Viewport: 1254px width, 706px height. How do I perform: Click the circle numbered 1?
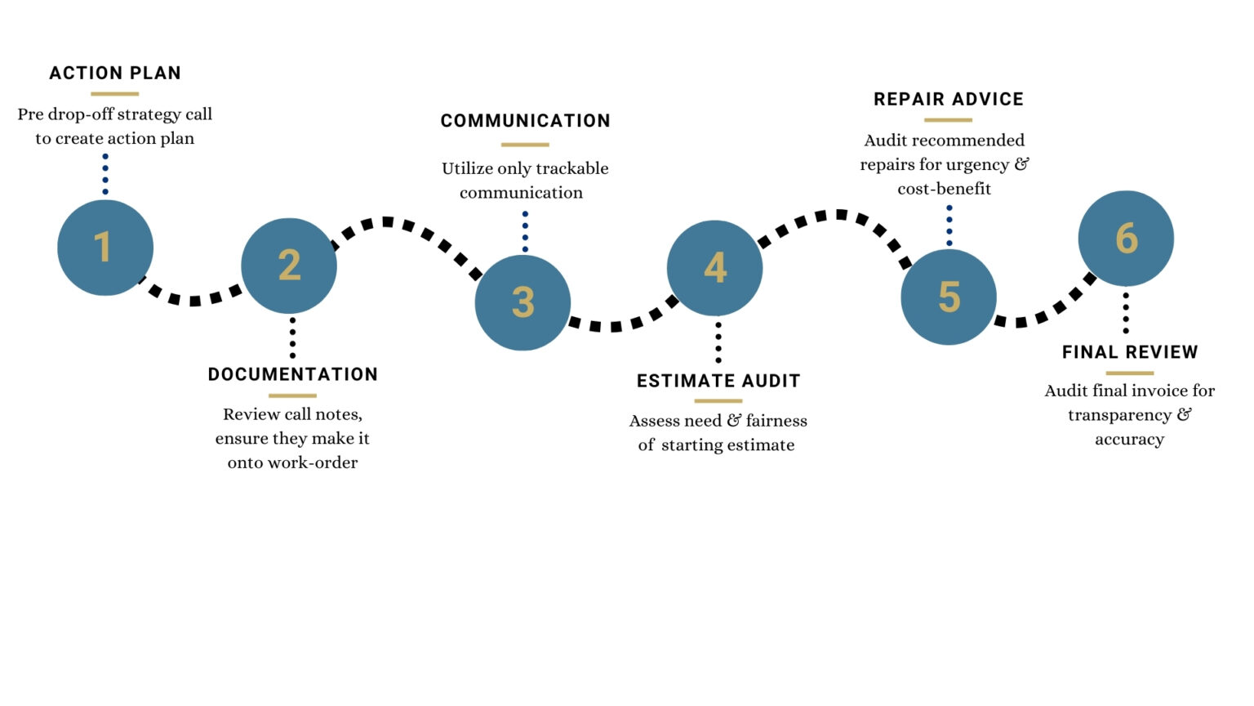tap(105, 248)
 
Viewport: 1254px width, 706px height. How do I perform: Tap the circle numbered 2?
tap(289, 266)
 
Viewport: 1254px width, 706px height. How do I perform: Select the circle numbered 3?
tap(522, 302)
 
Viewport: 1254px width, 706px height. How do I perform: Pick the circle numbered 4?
tap(715, 268)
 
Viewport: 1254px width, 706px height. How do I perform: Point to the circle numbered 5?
tap(949, 297)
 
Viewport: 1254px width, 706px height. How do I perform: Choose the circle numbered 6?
tap(1126, 239)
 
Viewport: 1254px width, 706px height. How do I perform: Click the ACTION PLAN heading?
tap(115, 74)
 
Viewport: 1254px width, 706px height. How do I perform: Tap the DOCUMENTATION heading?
tap(293, 374)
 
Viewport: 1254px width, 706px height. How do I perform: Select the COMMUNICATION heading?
tap(525, 121)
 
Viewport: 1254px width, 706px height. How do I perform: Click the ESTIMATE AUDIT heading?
tap(718, 381)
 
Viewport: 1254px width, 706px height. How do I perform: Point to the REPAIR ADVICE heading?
tap(949, 100)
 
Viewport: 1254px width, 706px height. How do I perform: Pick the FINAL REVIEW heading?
tap(1130, 352)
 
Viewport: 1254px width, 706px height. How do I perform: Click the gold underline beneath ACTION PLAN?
tap(115, 94)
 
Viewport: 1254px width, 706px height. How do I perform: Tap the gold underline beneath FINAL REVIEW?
tap(1130, 373)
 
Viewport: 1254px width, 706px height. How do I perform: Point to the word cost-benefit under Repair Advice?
tap(945, 189)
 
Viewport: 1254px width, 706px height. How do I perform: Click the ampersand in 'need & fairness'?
tap(734, 421)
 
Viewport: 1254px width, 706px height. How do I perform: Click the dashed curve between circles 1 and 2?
tap(194, 301)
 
